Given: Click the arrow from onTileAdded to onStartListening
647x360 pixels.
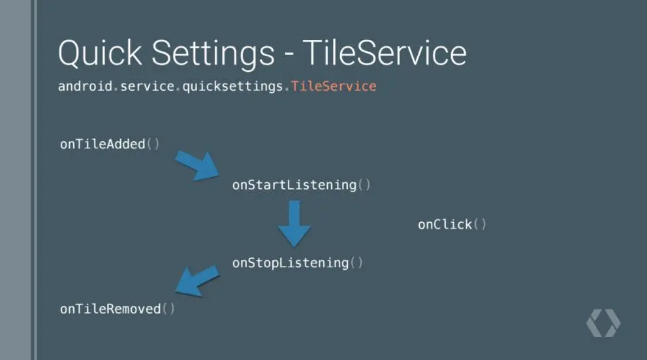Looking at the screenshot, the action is [197, 165].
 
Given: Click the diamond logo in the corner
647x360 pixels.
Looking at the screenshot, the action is [603, 323].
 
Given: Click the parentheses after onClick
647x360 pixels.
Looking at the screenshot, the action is [480, 225].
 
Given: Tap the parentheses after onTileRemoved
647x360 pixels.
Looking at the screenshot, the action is [168, 308].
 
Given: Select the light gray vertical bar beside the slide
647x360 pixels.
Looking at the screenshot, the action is [14, 180].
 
